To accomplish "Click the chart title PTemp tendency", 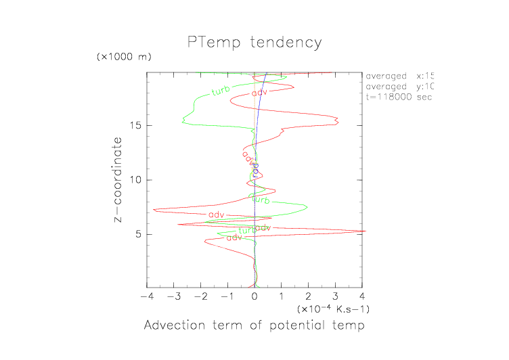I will [255, 43].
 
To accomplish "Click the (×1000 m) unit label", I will [125, 56].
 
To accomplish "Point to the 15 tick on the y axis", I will [135, 125].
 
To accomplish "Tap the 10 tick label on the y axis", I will [135, 180].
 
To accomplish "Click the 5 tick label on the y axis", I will [138, 234].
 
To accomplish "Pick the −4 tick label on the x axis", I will [145, 296].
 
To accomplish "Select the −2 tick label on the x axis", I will [199, 296].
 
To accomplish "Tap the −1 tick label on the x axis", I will [226, 296].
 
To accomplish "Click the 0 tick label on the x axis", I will [255, 296].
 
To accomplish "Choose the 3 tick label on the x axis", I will [336, 296].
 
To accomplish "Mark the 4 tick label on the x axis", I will [363, 296].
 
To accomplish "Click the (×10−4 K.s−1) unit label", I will [333, 309].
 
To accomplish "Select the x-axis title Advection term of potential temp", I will [255, 326].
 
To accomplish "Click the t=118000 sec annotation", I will [399, 97].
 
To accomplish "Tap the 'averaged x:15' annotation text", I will [399, 76].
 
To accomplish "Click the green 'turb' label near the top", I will [220, 91].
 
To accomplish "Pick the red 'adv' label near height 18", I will [259, 93].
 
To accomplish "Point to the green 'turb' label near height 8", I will [261, 200].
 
